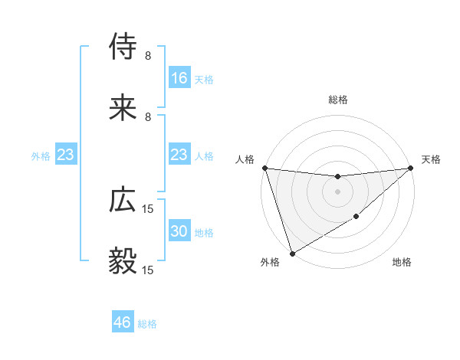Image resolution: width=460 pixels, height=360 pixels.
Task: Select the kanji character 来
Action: coord(123,108)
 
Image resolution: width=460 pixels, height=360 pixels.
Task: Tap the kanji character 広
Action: coord(123,200)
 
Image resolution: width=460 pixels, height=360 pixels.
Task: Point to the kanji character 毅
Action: coord(123,261)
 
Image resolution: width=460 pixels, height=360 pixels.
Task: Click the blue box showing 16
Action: coord(179,78)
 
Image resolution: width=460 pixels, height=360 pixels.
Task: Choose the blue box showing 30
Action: coord(179,231)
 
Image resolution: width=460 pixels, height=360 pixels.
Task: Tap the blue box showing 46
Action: coord(123,322)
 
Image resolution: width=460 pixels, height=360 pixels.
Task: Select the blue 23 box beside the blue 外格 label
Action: coord(66,155)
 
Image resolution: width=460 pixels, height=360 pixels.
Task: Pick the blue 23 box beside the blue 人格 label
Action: coord(179,155)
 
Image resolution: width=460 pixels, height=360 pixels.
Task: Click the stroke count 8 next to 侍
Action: coord(147,56)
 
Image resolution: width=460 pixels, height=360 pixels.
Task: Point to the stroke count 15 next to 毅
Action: coord(148,270)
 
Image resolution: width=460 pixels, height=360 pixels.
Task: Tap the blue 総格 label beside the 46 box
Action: coord(147,324)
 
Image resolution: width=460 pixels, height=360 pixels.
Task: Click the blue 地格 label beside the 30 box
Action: coord(204,232)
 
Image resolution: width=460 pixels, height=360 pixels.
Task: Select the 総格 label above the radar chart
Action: coord(337,100)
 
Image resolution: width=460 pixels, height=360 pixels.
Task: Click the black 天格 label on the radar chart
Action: coord(431,159)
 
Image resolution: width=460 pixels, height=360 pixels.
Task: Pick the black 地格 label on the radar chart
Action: coord(402,263)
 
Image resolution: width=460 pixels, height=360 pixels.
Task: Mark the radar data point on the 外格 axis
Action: coord(291,254)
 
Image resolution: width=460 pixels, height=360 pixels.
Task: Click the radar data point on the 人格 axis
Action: coord(264,168)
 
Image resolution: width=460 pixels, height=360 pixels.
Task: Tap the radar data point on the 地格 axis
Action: coord(356,218)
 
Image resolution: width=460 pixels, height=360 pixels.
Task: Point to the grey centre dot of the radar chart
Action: coord(337,191)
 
